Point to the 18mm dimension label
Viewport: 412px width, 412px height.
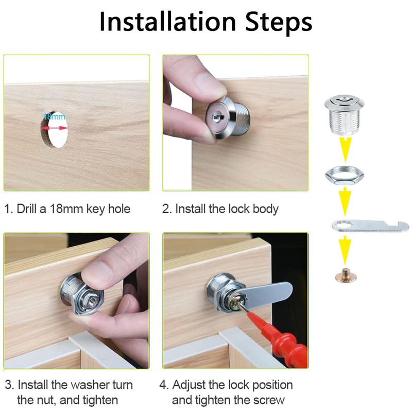tap(55, 116)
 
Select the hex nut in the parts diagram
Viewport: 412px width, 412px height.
tap(345, 176)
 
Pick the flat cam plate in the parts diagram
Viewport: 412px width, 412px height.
tap(369, 226)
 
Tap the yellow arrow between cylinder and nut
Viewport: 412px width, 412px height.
tap(345, 149)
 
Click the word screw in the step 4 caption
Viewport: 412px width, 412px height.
tap(265, 400)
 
